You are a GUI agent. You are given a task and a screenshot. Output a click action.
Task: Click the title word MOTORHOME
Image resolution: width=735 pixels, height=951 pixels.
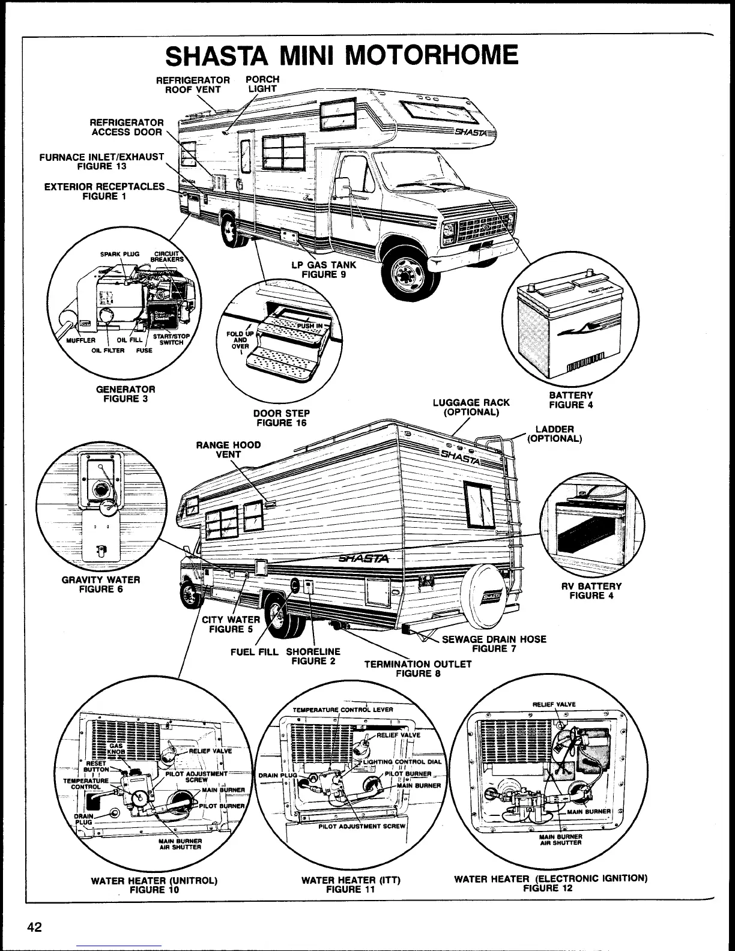(433, 55)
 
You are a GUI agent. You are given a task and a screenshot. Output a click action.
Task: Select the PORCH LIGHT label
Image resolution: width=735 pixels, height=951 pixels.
(263, 84)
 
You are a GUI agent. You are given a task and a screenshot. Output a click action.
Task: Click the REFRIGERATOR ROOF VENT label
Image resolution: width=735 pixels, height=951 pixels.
(193, 85)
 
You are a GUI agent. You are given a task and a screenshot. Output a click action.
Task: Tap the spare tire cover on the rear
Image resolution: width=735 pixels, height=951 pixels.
(490, 596)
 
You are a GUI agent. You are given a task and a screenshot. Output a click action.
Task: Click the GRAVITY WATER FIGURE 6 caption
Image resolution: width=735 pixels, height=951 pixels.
(101, 584)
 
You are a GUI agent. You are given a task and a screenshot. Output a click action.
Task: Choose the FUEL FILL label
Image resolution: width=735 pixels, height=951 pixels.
(255, 652)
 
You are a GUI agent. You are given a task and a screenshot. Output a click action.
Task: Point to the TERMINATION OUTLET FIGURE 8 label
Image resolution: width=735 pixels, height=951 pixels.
(418, 668)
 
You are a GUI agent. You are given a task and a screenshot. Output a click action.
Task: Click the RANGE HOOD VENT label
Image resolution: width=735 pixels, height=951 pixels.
(228, 450)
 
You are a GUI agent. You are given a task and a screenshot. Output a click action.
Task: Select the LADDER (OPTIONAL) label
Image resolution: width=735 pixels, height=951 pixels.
(554, 433)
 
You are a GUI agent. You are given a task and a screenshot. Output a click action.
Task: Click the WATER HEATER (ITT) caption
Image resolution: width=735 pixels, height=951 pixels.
(351, 884)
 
